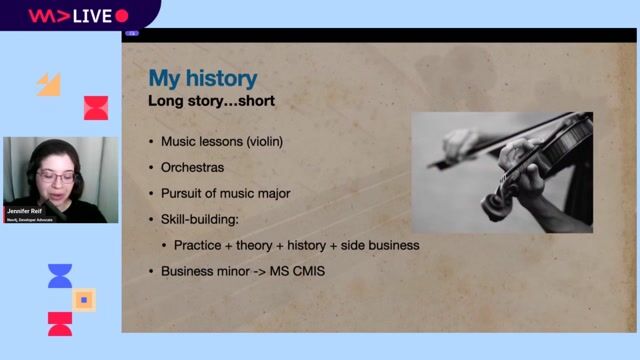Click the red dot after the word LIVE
pyautogui.click(x=122, y=15)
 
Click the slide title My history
pyautogui.click(x=202, y=78)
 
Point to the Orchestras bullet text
pyautogui.click(x=195, y=167)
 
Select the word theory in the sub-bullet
pyautogui.click(x=258, y=245)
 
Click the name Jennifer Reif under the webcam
pyautogui.click(x=25, y=211)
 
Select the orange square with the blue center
pyautogui.click(x=84, y=298)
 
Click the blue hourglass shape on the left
pyautogui.click(x=60, y=276)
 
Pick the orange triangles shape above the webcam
pyautogui.click(x=49, y=84)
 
